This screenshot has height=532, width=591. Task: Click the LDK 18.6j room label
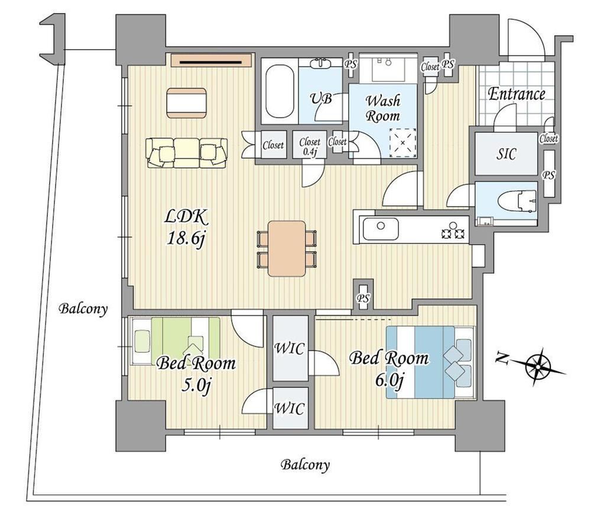coord(186,228)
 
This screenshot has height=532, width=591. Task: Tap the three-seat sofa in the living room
coord(187,153)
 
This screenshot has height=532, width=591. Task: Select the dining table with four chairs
coord(287,248)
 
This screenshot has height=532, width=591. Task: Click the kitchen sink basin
coord(381,229)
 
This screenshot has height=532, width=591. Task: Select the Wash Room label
coord(382,108)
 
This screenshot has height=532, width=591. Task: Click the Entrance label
coord(517,94)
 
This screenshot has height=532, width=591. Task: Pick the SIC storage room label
coord(506,154)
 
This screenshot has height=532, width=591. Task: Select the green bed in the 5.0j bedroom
coord(175,341)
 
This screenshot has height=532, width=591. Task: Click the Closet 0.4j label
coord(310,146)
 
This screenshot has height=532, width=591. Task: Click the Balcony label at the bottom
coord(304,465)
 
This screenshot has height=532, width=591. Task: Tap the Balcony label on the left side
coord(83,309)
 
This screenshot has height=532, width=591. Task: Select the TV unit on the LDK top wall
coord(212,60)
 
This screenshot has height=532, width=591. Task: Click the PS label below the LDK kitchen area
coord(363,299)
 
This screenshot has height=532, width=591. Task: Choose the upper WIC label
coord(290,348)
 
